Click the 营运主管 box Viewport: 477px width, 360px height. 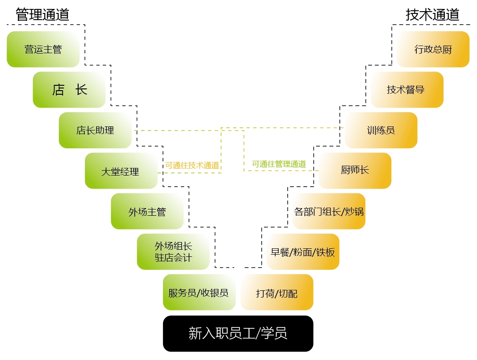(x=43, y=49)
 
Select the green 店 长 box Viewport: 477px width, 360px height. (x=69, y=90)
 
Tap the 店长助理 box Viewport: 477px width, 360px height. (x=95, y=130)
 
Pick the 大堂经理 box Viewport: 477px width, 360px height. (x=121, y=171)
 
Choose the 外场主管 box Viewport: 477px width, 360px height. (x=147, y=211)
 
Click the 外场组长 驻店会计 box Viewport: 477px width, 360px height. (x=173, y=252)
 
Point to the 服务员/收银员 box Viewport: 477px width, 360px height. (x=199, y=293)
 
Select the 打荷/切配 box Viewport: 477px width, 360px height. (x=277, y=293)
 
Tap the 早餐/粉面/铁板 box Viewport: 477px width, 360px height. (x=303, y=252)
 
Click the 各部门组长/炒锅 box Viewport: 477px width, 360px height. (x=329, y=211)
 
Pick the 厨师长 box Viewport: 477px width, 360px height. (x=355, y=171)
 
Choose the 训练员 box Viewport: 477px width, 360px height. (x=381, y=130)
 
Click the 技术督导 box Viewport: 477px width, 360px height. (x=407, y=90)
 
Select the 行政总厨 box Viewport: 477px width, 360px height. (x=433, y=49)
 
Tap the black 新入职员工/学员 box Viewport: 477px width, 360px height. (x=238, y=334)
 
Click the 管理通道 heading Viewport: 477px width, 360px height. (x=43, y=14)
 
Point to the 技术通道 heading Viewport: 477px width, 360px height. (x=432, y=14)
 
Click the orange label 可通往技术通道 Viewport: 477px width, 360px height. (x=192, y=165)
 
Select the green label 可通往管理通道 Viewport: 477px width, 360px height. (x=279, y=164)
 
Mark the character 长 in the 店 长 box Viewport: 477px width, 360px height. (x=81, y=90)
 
